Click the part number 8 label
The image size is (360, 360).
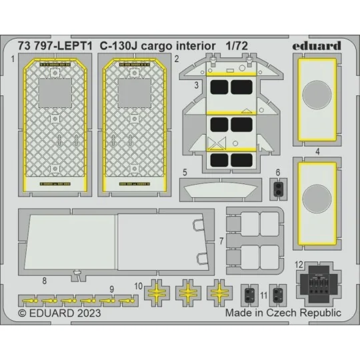point(44,281)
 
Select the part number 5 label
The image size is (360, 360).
point(183,171)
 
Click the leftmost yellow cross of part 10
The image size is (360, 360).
point(158,291)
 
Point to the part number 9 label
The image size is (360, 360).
point(111,288)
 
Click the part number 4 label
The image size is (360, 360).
point(317,151)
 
